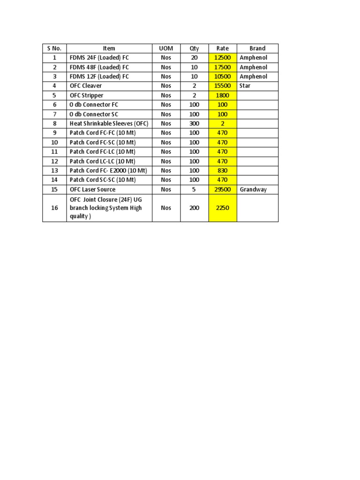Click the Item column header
(x=109, y=48)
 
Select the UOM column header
(x=166, y=48)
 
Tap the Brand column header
(x=257, y=48)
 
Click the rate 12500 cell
(x=223, y=58)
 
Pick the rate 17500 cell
(x=223, y=67)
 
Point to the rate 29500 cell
(x=223, y=189)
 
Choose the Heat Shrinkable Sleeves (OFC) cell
(x=109, y=124)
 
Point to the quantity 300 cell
(x=194, y=124)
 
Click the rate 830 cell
(x=223, y=171)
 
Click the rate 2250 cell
(x=223, y=208)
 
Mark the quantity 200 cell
(x=194, y=208)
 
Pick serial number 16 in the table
(x=54, y=208)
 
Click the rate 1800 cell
(x=223, y=96)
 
